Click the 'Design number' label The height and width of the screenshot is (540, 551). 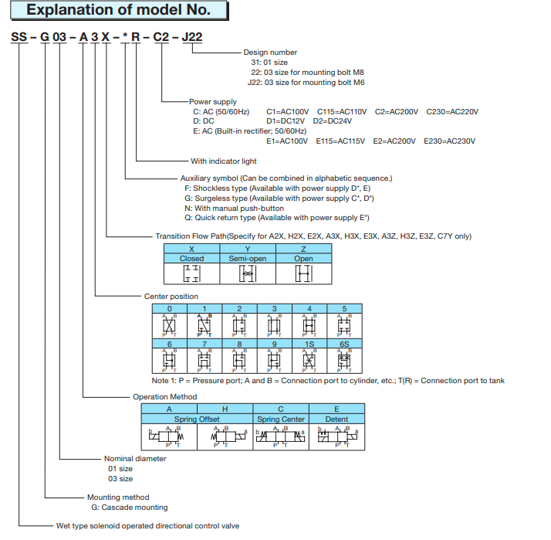[270, 53]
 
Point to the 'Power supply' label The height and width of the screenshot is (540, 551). [213, 101]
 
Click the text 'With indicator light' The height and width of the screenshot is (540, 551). [224, 161]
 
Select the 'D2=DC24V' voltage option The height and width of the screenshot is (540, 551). [335, 121]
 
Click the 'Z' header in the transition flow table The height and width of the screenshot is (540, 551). [303, 249]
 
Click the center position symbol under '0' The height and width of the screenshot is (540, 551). [169, 324]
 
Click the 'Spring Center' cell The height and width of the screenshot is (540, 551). [281, 419]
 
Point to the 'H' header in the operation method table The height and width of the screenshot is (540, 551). [225, 409]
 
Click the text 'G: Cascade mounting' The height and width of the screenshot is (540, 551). [130, 508]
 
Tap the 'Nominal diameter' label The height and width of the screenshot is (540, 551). [135, 458]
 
